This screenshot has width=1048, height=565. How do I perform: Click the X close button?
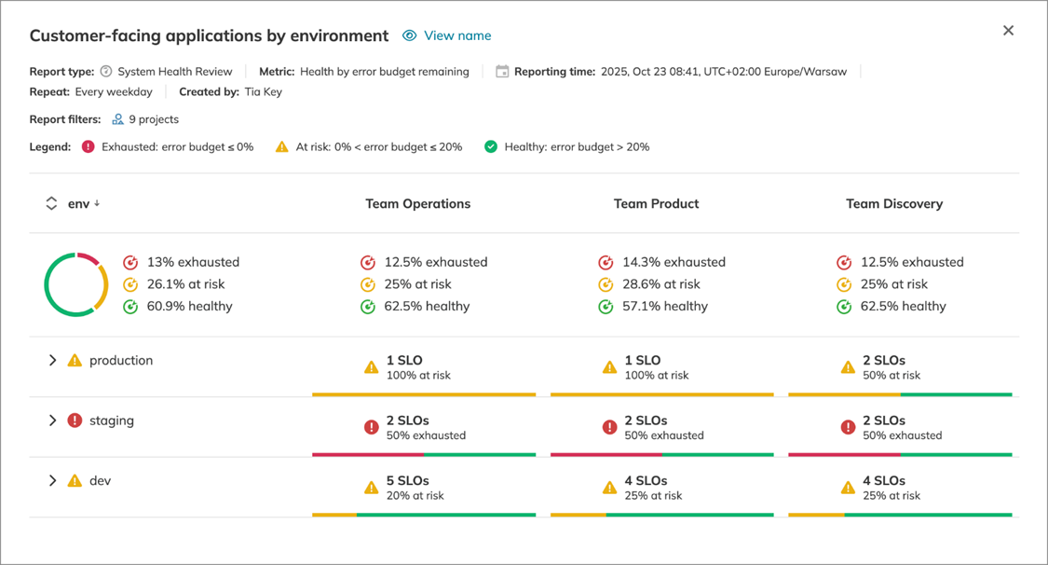pos(1008,31)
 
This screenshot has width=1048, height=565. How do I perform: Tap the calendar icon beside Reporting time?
pos(502,72)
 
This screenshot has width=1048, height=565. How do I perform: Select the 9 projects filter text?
pos(154,119)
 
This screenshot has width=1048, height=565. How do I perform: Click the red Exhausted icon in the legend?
pos(88,146)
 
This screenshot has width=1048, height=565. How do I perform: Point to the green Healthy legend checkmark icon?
pos(491,146)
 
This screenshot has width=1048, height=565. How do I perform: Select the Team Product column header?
pos(656,203)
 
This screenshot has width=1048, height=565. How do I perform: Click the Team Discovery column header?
pos(893,203)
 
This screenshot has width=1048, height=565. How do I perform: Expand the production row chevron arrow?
pos(52,361)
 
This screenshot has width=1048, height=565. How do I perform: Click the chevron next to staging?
pos(52,420)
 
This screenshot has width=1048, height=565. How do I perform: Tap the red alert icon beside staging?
pos(75,420)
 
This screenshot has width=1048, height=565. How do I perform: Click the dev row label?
pos(100,481)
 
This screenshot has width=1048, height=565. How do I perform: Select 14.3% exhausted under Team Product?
pos(674,262)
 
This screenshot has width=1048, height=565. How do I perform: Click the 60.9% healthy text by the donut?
pos(189,306)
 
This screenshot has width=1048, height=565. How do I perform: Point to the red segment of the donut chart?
pos(88,257)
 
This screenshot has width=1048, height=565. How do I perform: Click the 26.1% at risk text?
pos(185,284)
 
